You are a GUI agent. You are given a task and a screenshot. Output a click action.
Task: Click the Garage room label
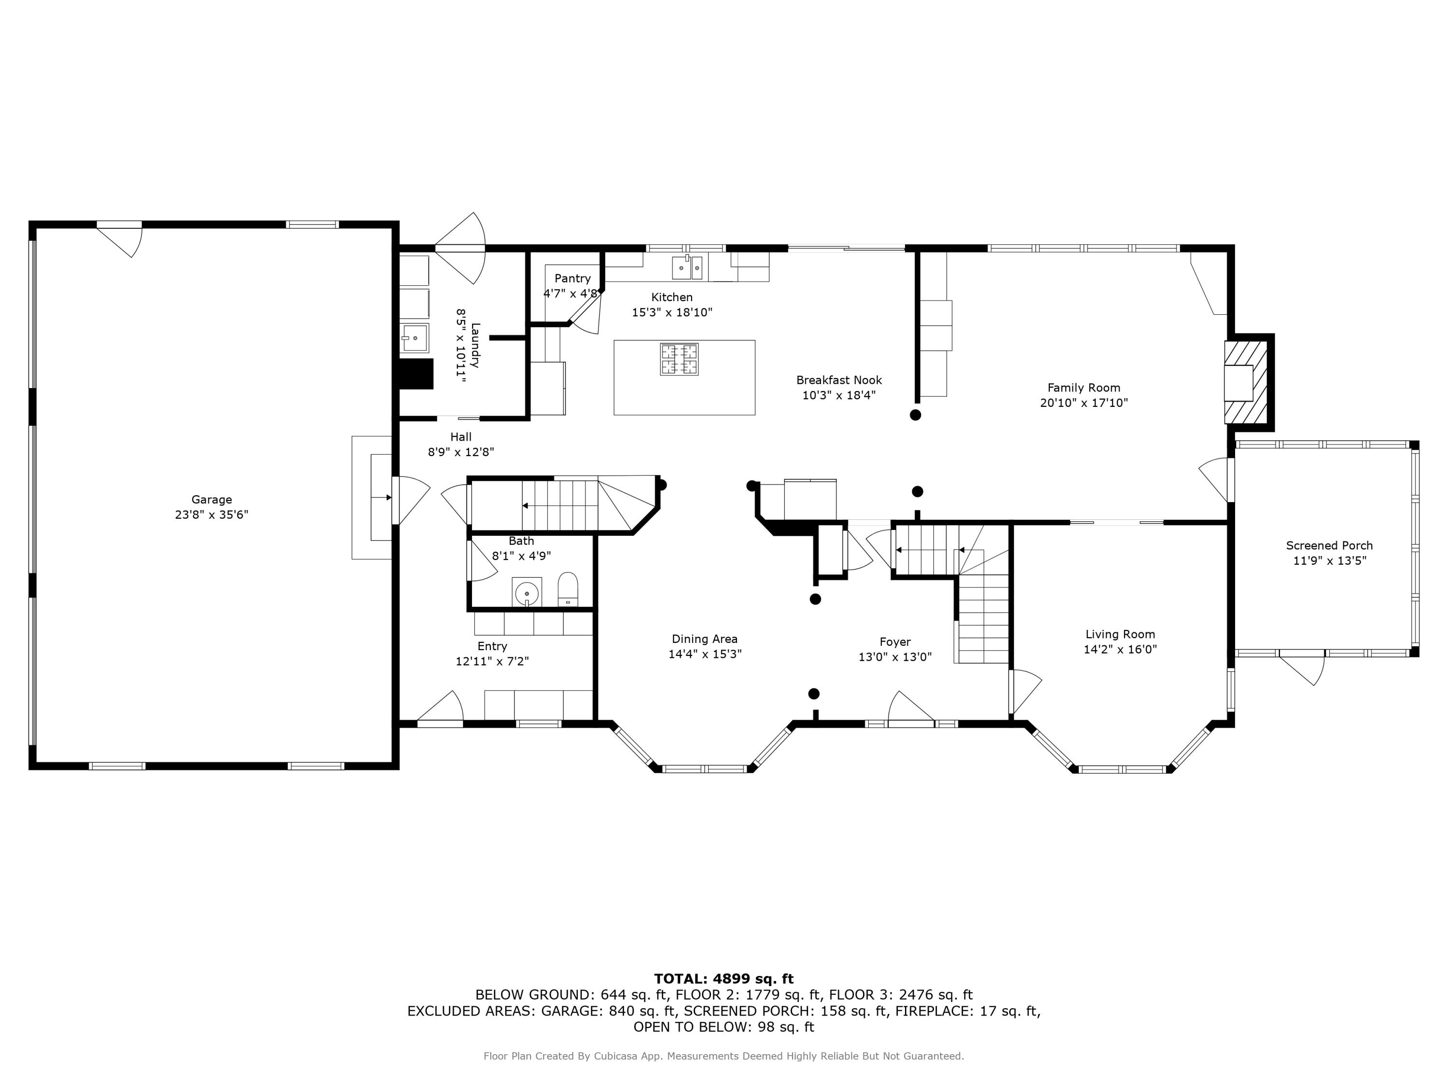click(211, 500)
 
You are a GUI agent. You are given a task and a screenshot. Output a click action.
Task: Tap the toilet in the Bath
click(568, 589)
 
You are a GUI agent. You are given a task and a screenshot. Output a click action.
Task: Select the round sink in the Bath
click(526, 593)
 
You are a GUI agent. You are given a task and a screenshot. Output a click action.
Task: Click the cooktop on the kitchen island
click(679, 360)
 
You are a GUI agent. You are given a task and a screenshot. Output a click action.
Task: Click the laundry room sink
click(414, 338)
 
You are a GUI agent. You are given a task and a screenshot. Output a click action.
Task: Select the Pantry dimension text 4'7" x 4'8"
click(571, 293)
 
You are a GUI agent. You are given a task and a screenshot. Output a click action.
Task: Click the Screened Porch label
click(1329, 546)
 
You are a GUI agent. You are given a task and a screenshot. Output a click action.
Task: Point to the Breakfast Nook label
click(839, 380)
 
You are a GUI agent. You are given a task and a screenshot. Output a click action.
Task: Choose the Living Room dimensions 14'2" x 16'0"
click(1120, 649)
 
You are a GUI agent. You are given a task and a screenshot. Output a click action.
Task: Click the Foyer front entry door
click(911, 708)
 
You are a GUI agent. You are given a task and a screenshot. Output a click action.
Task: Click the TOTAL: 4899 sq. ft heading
click(724, 979)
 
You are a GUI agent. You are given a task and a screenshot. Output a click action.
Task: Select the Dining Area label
click(704, 640)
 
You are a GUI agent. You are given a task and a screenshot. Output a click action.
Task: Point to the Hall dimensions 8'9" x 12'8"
click(461, 452)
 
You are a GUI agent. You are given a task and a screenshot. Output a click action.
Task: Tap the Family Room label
click(1084, 388)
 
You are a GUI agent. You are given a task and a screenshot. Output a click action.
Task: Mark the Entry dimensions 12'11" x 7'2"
click(492, 661)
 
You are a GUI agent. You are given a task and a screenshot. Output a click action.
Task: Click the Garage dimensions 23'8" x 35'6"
click(211, 515)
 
